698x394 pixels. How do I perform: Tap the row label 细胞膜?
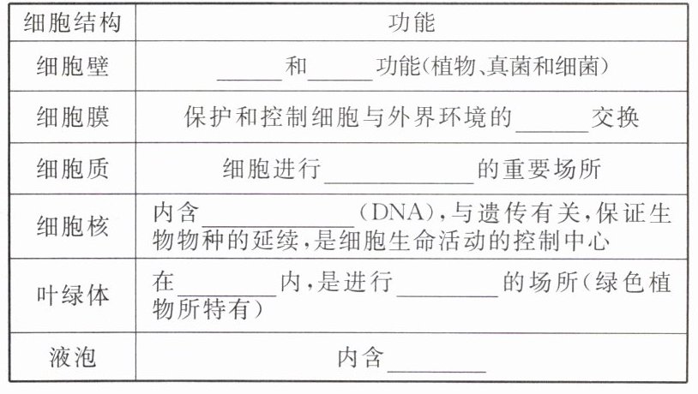(x=73, y=116)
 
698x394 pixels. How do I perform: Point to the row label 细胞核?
(x=73, y=225)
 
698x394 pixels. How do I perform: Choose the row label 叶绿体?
(x=73, y=294)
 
